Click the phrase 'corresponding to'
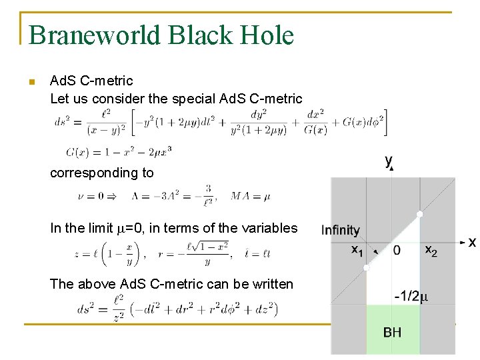[x=101, y=173]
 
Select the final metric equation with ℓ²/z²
[x=177, y=309]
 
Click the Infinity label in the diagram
[x=340, y=231]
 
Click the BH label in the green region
[x=392, y=331]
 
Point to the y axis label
[x=389, y=161]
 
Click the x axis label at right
[x=472, y=242]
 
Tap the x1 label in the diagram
[x=357, y=250]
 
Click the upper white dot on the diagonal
[x=420, y=214]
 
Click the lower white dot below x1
[x=366, y=267]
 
